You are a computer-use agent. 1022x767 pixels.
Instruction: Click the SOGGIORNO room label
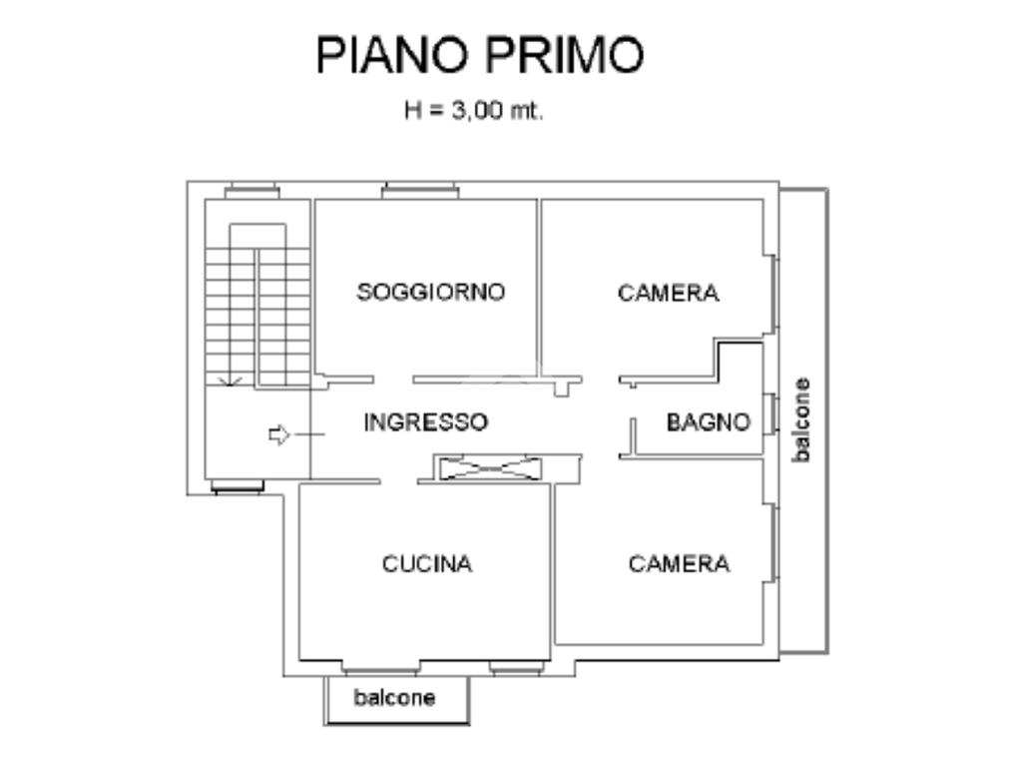pos(431,292)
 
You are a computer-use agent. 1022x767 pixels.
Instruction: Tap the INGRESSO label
pos(425,422)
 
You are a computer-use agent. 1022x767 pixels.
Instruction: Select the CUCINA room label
pos(427,564)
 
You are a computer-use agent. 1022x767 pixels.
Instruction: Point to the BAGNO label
pos(708,422)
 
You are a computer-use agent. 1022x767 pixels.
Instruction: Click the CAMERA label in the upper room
pos(668,293)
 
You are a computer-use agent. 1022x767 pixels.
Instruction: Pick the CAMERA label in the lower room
pos(679,564)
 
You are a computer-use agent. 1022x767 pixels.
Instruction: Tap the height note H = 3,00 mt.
pos(473,111)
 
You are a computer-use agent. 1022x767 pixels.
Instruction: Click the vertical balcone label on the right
pos(800,419)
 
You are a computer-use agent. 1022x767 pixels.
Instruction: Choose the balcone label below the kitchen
pos(394,698)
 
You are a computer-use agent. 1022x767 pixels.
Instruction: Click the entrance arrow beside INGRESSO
pos(279,434)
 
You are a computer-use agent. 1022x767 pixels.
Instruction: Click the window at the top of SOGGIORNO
pos(419,190)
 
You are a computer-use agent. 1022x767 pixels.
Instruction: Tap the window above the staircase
pos(251,190)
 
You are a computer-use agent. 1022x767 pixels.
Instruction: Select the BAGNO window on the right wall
pos(771,414)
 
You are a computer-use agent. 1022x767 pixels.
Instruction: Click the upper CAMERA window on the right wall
pos(772,294)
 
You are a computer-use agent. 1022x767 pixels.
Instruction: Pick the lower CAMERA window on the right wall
pos(772,543)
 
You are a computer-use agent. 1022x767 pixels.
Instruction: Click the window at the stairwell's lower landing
pos(238,487)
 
